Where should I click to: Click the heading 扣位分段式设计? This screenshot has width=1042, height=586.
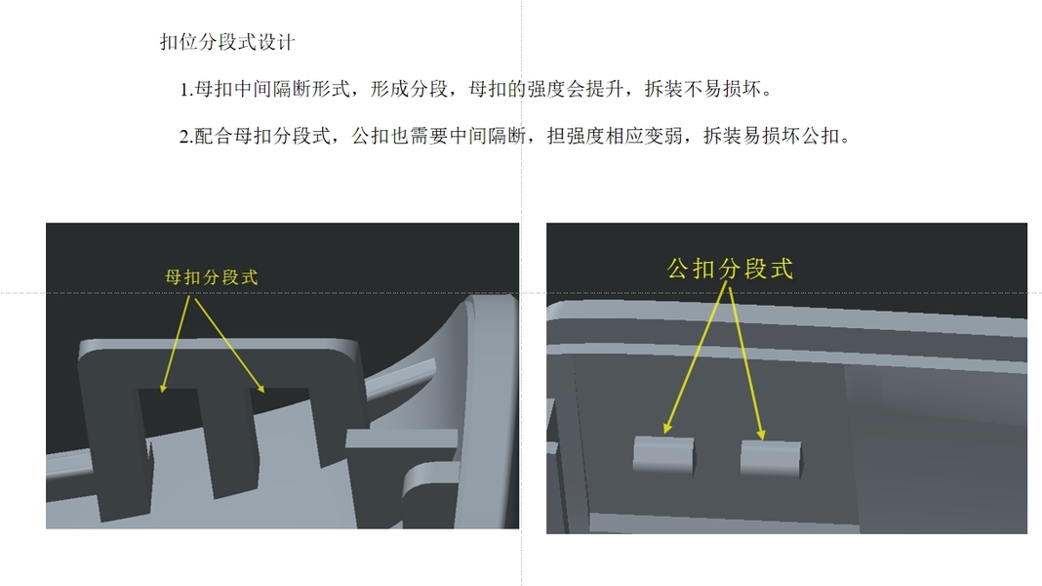[227, 43]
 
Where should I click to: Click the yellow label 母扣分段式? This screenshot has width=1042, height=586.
[212, 277]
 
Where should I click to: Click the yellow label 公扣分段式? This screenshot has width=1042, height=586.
[730, 269]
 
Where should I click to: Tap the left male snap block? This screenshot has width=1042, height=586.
[663, 456]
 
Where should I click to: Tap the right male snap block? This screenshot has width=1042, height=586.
[771, 459]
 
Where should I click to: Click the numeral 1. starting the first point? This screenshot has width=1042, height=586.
[186, 90]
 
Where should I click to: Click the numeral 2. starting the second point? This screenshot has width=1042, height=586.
[186, 137]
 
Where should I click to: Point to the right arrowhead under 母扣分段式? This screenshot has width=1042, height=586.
[261, 389]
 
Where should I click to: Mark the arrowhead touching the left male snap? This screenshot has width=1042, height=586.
[666, 429]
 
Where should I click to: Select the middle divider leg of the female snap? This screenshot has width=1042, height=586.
[229, 442]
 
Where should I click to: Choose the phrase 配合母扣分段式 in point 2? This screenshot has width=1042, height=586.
[262, 137]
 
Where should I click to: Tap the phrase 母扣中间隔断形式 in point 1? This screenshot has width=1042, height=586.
[272, 89]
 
